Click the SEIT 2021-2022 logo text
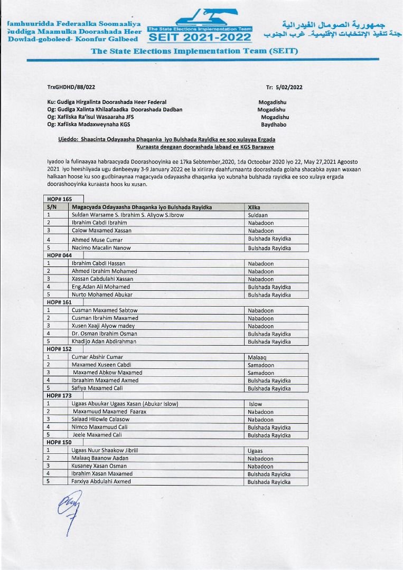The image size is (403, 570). (x=200, y=38)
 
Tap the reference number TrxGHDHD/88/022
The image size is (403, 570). (x=71, y=87)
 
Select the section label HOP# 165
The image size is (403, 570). (x=59, y=199)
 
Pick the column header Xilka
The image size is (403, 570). (x=254, y=207)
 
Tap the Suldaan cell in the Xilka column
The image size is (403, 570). (x=258, y=215)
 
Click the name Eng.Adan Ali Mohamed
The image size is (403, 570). (x=100, y=287)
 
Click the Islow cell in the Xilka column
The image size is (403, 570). (x=256, y=404)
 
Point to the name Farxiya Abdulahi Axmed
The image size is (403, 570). (x=101, y=482)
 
